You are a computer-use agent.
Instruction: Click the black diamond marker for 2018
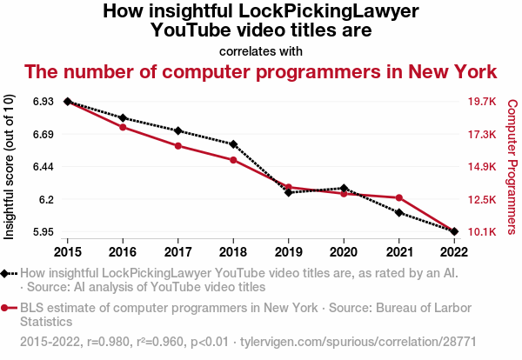233,144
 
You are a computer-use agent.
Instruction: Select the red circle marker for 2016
123,128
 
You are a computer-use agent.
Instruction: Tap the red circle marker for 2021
398,198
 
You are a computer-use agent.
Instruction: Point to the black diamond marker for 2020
344,188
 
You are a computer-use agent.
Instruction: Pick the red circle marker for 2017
177,146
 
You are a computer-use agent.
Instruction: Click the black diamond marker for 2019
288,192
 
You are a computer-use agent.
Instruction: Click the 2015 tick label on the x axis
67,252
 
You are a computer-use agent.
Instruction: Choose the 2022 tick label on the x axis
454,252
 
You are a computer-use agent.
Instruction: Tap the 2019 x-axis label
288,252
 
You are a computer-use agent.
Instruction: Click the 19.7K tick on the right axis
481,102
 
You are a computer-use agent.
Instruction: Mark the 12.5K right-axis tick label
481,200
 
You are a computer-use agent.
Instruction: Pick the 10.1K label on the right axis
481,232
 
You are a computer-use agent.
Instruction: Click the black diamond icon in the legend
6,273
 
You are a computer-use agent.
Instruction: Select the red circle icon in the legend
6,307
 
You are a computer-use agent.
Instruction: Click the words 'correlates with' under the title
261,50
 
